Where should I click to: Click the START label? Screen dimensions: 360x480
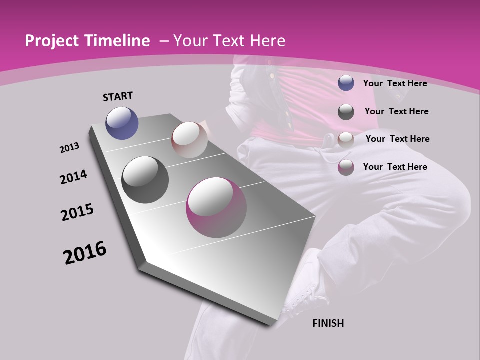point(118,96)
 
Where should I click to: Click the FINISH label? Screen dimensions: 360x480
point(328,323)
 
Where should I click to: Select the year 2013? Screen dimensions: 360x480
point(69,148)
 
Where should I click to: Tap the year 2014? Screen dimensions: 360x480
point(73,177)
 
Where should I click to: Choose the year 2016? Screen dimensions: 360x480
point(85,253)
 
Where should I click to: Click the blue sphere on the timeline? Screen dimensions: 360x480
point(122,123)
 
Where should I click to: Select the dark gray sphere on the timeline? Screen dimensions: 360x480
point(145,180)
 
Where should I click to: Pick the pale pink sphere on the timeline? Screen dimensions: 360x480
point(189,140)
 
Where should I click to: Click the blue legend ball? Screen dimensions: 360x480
point(346,83)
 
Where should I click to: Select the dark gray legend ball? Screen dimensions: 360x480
point(346,111)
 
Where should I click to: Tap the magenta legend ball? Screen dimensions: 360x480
point(346,167)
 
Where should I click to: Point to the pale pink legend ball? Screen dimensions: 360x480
point(346,139)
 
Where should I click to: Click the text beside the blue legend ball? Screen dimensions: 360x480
point(395,83)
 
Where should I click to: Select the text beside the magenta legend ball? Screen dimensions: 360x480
point(395,167)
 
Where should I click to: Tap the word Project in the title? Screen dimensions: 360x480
point(50,41)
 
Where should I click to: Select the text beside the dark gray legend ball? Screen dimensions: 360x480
point(396,111)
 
